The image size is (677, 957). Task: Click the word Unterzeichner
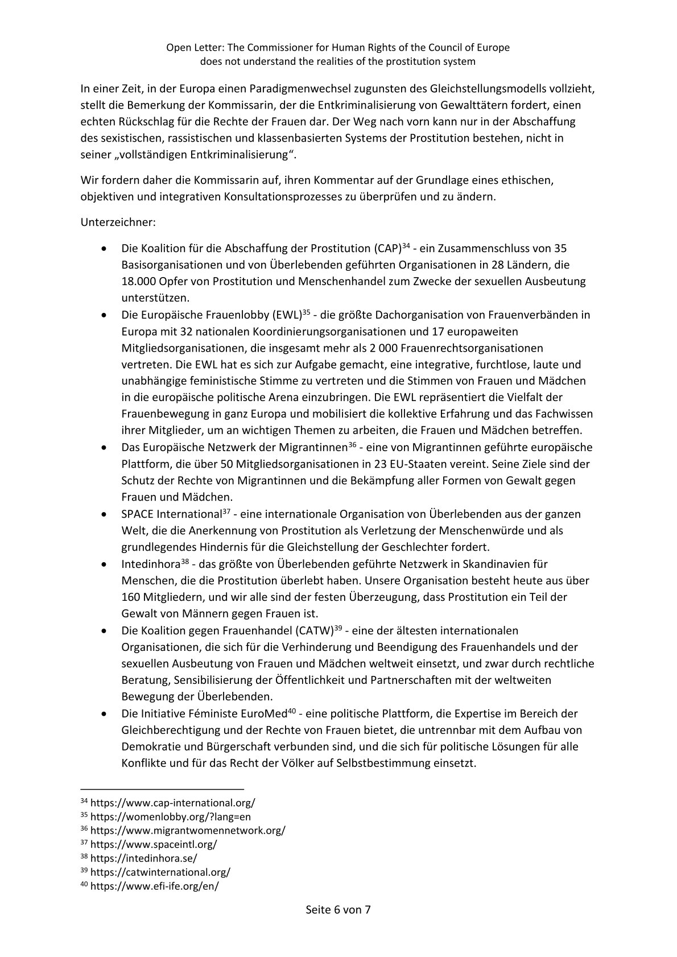(117, 222)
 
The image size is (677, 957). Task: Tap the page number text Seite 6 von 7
(338, 926)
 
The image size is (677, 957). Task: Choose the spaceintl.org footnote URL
(154, 845)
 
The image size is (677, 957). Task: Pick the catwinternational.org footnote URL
(160, 872)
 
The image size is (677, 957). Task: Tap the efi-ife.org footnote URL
(154, 886)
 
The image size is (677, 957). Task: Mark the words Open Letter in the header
(191, 48)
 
